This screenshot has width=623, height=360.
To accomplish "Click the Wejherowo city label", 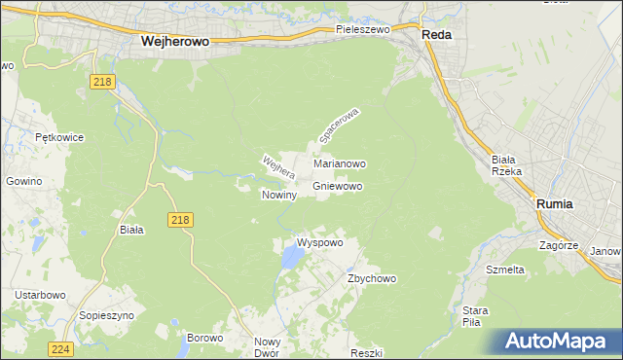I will pos(176,42).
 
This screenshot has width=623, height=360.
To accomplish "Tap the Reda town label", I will pos(436,33).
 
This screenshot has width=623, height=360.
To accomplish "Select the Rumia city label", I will pos(555,204).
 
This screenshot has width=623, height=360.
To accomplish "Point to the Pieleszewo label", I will pos(362,30).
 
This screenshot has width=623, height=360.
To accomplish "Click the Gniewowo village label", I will pos(339,186).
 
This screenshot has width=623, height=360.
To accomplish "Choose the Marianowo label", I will pos(339,164).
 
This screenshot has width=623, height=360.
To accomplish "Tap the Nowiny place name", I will pos(278,195).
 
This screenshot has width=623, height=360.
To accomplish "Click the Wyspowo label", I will pos(319,242).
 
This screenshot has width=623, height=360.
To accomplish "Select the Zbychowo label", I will pos(372,278).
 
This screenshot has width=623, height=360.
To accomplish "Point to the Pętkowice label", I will pos(56,138).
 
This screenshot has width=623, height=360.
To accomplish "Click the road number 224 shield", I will pos(60,348).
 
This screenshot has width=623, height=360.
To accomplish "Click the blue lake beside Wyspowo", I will pos(291,257).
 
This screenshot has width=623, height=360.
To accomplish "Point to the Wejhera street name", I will pos(277,167).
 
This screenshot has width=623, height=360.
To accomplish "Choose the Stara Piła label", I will pos(475,316).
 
